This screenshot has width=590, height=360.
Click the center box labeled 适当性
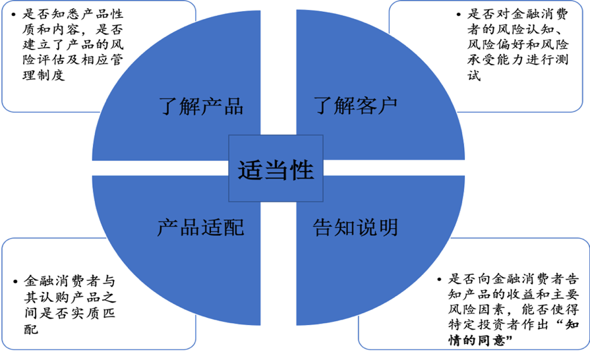point(276,170)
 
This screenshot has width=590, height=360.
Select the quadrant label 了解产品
point(201,106)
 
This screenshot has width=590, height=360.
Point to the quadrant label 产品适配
point(200,227)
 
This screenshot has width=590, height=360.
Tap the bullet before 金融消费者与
point(16,281)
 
